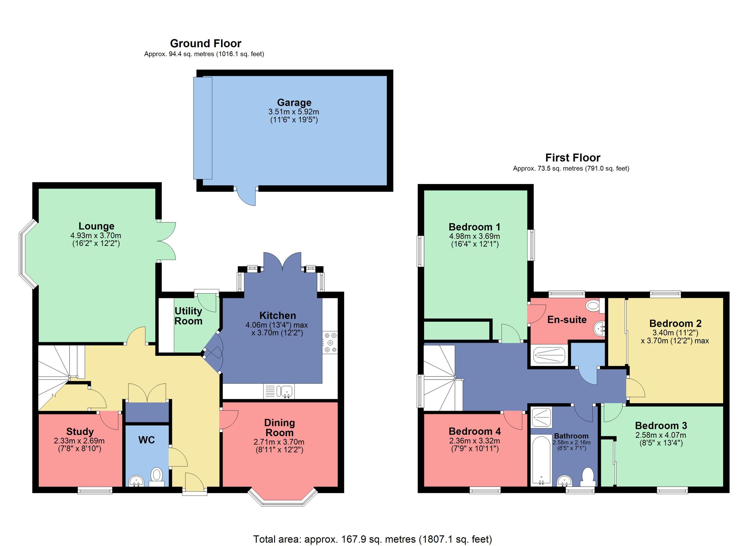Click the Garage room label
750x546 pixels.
coord(294,103)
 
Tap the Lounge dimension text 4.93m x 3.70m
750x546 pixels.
coord(96,236)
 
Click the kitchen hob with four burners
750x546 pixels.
coord(330,342)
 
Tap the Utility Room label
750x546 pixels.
coord(188,316)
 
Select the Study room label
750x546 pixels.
coord(80,431)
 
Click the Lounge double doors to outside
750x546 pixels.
coord(167,241)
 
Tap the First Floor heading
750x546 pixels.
coord(572,158)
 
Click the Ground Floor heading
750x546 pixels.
coord(205,43)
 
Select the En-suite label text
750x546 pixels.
coord(567,320)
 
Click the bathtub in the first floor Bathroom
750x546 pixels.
coord(541,460)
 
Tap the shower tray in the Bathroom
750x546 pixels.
coord(541,417)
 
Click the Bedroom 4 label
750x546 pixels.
coord(475,431)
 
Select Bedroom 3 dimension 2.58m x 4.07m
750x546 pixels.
coord(661,435)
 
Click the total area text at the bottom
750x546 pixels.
coord(373,539)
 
